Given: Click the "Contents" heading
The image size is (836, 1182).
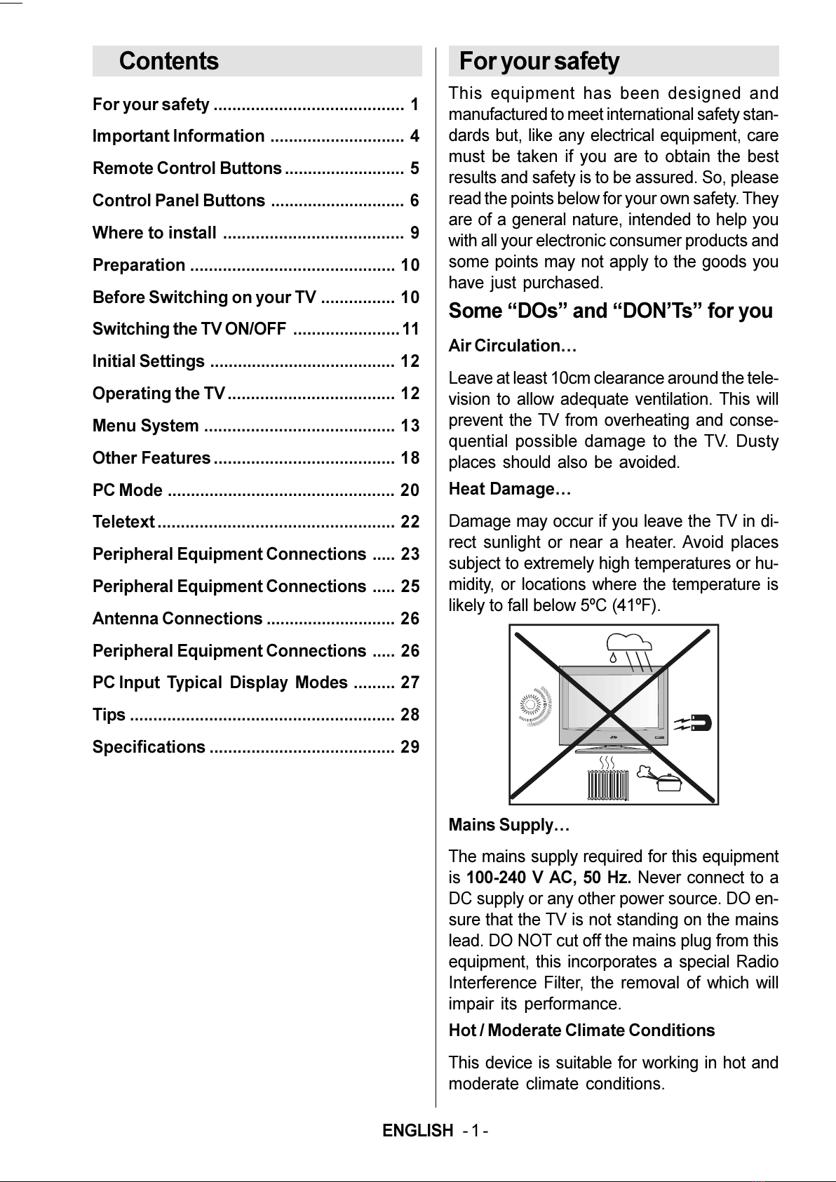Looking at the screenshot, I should (x=169, y=61).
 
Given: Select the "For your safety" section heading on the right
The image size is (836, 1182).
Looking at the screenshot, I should (x=539, y=62).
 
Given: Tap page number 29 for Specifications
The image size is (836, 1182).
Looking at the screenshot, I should (x=410, y=747).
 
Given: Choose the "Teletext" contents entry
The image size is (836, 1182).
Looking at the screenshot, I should (x=123, y=522).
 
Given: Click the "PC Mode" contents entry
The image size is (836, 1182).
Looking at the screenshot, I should (x=128, y=490).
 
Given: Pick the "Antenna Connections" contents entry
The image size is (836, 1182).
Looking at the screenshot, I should (x=177, y=619).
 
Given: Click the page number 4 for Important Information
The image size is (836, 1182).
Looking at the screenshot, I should (x=414, y=136).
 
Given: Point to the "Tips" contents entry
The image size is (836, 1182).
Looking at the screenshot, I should (x=109, y=715).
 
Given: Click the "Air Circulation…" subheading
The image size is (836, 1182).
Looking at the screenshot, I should (x=512, y=346).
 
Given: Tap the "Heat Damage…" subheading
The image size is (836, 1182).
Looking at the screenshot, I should (x=510, y=489).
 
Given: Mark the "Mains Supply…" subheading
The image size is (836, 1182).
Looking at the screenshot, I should (x=509, y=825).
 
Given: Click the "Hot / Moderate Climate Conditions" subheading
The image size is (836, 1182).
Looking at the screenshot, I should (x=581, y=1030).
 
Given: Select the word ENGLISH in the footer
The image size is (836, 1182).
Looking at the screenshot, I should (x=418, y=1131).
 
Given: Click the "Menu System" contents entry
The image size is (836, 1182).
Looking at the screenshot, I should (x=146, y=426).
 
